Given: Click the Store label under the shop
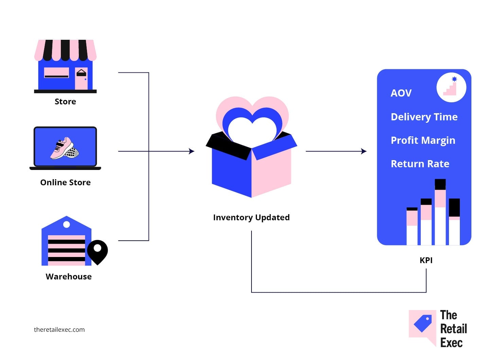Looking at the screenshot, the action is (65, 102).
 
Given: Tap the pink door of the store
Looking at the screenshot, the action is (81, 78).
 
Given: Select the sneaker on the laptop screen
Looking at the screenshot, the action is (65, 149).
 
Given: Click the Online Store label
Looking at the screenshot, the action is (65, 183).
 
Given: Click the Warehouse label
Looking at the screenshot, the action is (69, 277).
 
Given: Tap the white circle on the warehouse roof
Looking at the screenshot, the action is (67, 224).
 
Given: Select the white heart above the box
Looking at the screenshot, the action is (253, 130).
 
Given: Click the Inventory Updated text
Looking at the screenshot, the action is (252, 218).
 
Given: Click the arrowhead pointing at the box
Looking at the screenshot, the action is (192, 151).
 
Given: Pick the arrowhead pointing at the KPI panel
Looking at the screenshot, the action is (364, 151).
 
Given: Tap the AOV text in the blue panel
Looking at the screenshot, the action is (401, 93).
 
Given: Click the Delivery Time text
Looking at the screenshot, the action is (424, 117).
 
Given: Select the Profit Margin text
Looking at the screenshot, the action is (423, 141).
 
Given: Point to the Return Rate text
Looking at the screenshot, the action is (420, 164).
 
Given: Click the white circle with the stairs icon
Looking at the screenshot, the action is (451, 87).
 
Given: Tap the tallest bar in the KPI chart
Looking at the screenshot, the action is (440, 212).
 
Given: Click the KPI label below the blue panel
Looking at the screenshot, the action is (426, 260).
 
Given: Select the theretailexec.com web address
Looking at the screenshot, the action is (59, 330).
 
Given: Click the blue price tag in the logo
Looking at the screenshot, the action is (423, 323).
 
